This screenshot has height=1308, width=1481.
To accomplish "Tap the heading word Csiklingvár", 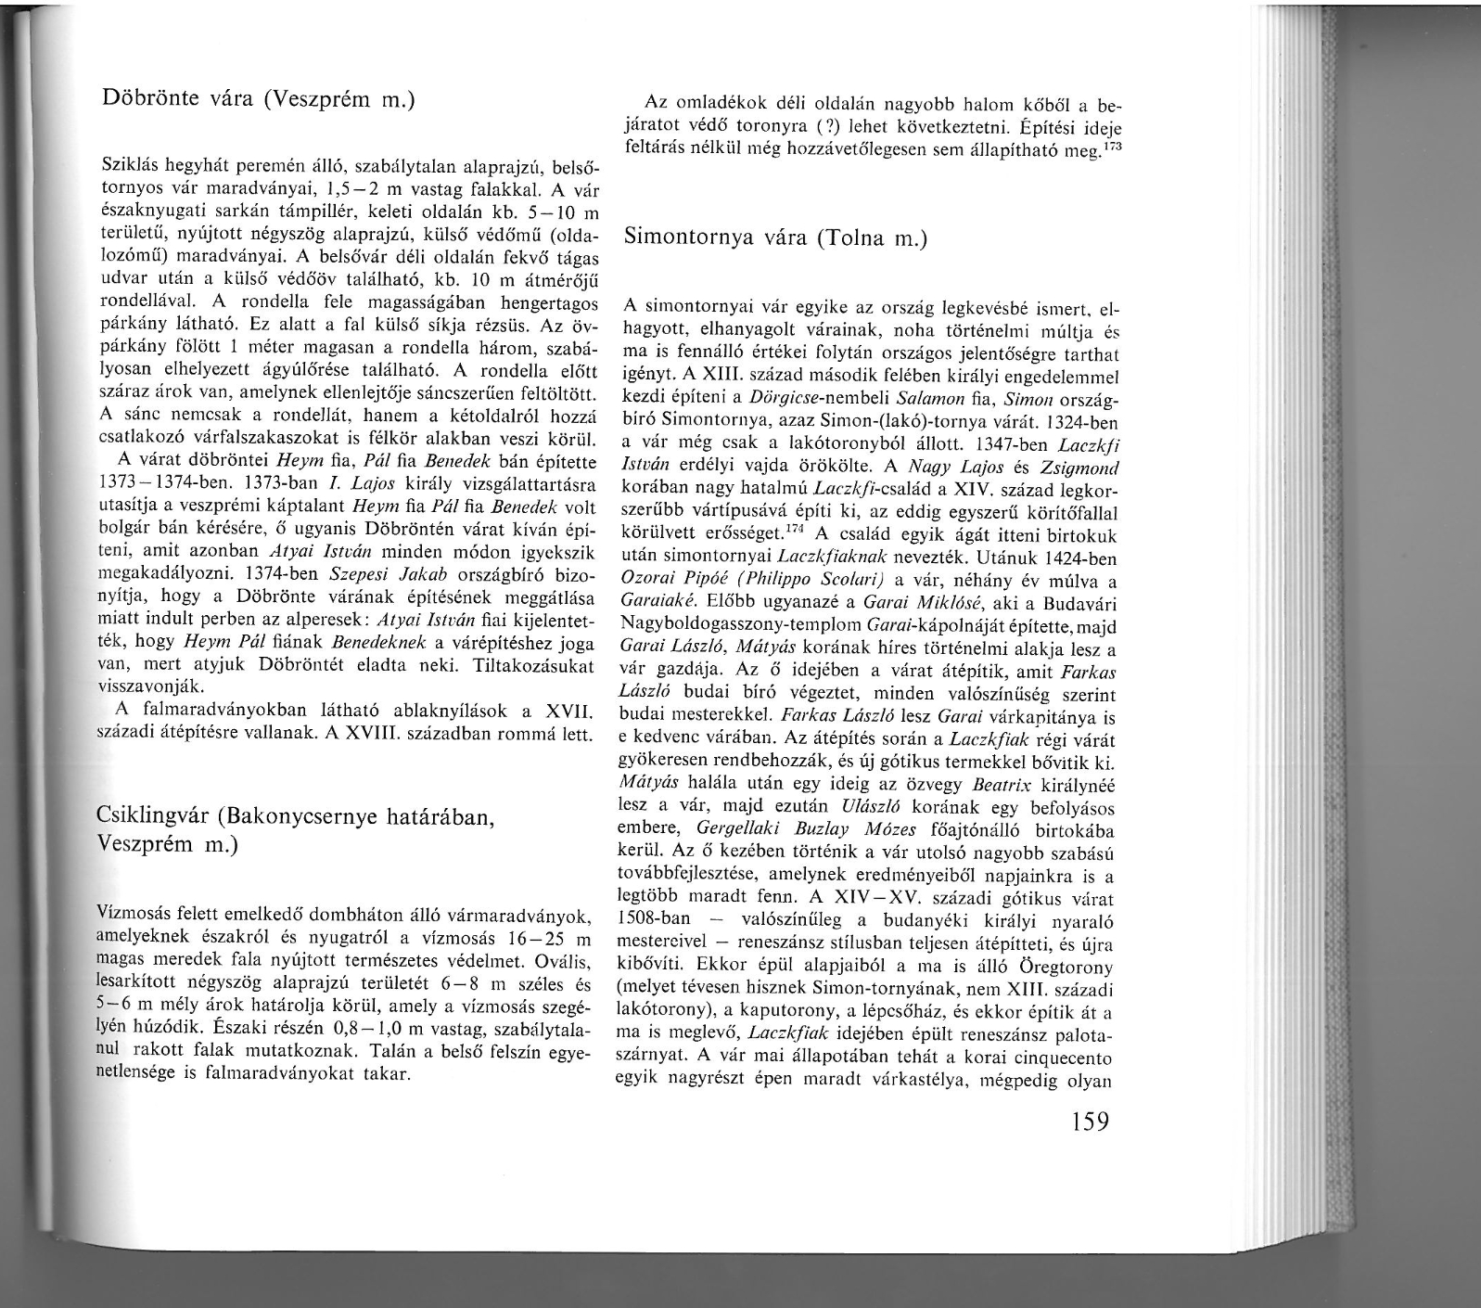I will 152,817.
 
